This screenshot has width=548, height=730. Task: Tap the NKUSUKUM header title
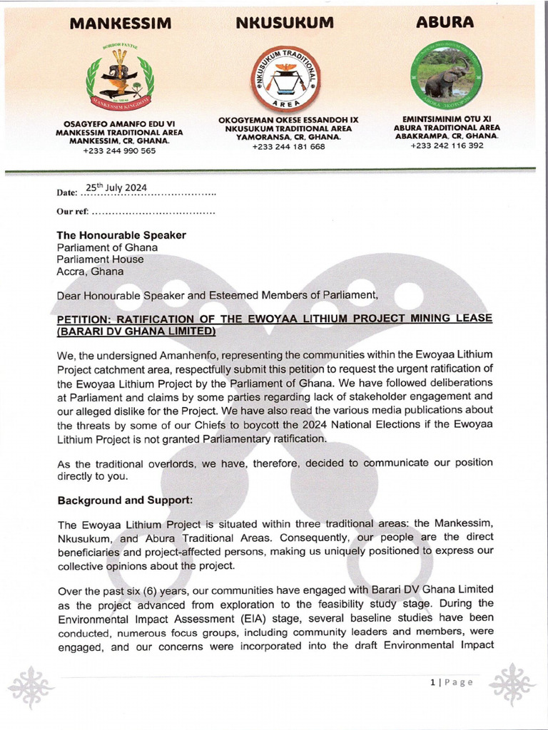point(285,23)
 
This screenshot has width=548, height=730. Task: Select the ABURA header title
point(445,22)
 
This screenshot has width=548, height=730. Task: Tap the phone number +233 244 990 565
point(119,151)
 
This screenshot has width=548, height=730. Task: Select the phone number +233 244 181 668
point(288,147)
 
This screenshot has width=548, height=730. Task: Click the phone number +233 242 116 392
point(447,145)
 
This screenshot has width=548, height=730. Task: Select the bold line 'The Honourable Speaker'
point(121,235)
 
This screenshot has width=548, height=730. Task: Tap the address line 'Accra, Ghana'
point(90,272)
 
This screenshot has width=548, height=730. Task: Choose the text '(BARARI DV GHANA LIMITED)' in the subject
point(136,331)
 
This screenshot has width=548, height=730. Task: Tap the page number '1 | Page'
point(452,682)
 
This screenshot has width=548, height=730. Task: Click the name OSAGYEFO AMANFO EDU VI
point(119,123)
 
